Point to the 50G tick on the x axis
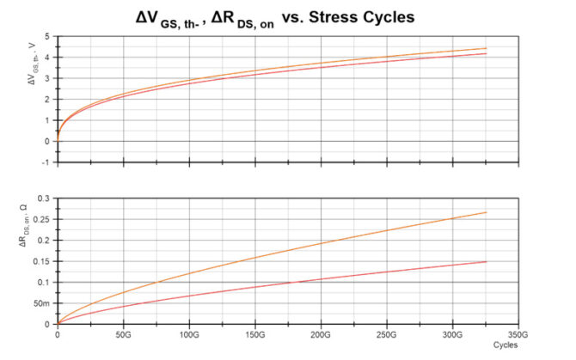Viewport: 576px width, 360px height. [123, 334]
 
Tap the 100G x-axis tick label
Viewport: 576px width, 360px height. [189, 334]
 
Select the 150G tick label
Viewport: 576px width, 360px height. [255, 334]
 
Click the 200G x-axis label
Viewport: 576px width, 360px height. [322, 334]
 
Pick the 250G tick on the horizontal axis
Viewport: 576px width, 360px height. [387, 334]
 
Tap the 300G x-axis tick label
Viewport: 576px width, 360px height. [453, 334]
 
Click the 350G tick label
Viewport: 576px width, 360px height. [518, 334]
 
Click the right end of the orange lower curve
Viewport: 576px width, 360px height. [487, 212]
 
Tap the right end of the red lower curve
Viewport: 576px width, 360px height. [487, 261]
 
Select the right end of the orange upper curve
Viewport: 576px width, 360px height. [487, 48]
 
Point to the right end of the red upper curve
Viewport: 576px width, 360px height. [487, 54]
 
